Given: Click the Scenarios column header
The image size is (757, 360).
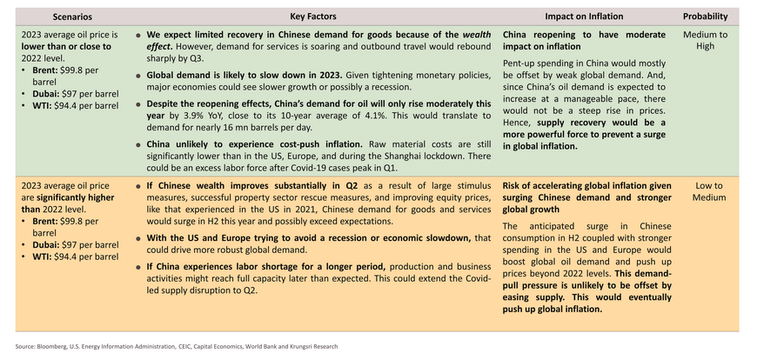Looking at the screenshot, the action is (x=72, y=17).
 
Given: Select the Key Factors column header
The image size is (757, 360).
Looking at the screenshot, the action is (x=313, y=17).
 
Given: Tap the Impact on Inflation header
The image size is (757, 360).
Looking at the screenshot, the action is (x=584, y=17).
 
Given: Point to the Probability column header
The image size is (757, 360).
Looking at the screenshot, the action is (x=705, y=17).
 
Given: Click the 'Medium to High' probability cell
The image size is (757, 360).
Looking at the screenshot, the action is (x=705, y=41).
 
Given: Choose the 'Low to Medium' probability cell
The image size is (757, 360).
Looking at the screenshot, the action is (x=709, y=191).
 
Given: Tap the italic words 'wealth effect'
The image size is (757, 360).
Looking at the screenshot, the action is (x=318, y=41).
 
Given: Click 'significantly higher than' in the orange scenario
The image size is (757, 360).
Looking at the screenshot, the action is (x=68, y=203).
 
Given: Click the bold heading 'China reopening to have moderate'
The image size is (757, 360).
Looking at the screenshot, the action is (x=584, y=35).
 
